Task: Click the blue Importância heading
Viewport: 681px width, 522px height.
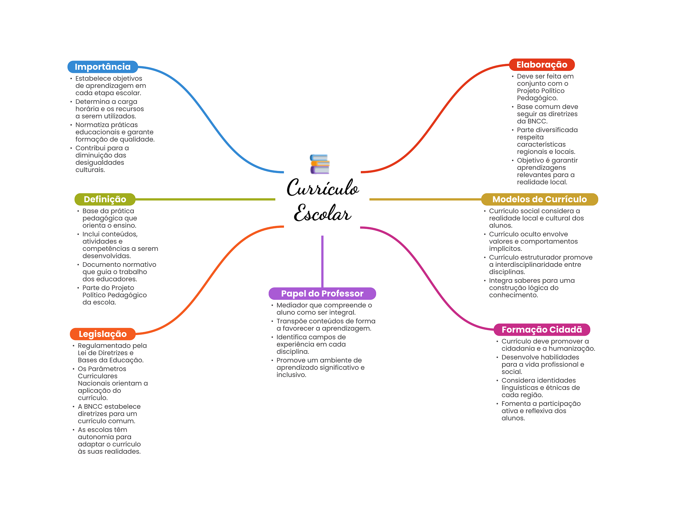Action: coord(102,67)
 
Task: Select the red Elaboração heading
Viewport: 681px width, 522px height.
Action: coord(542,65)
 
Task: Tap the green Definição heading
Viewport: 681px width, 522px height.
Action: coord(105,199)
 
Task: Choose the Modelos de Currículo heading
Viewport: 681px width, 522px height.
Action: coord(539,199)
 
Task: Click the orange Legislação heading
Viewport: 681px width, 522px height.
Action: coord(102,334)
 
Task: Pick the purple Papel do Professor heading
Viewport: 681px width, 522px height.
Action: coord(322,293)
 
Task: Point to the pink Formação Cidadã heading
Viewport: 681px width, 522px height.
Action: coord(542,330)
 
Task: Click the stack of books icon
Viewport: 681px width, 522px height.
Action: coord(320,164)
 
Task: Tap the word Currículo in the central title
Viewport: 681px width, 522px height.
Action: coord(323,188)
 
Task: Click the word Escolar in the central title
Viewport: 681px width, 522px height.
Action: coord(322,213)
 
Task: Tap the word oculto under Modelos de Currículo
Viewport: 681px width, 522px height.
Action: coord(530,234)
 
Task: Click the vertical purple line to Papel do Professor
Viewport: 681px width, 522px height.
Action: coord(322,261)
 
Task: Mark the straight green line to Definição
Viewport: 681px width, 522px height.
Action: coord(205,199)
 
